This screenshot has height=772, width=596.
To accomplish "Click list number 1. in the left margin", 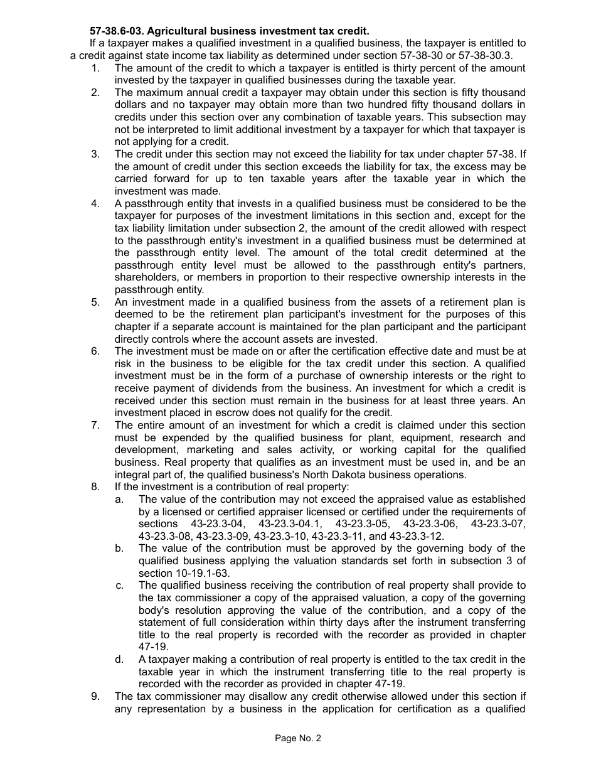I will pyautogui.click(x=95, y=68).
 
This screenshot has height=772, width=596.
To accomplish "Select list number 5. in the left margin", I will pyautogui.click(x=95, y=302).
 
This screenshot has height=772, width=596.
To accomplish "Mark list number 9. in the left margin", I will pyautogui.click(x=95, y=696).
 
